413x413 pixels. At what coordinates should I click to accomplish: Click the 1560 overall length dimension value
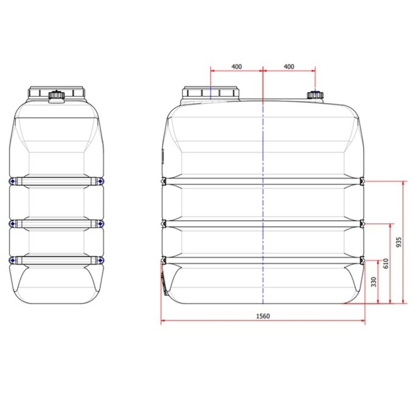click(263, 316)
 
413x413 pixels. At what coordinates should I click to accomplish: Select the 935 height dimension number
click(399, 242)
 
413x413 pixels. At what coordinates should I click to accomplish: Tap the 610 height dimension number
click(386, 263)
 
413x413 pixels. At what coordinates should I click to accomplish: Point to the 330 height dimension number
click(373, 281)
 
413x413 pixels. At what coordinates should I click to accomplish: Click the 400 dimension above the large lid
click(236, 67)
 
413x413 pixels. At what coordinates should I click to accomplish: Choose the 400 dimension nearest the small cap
click(289, 67)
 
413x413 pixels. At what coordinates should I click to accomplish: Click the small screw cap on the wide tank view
click(315, 95)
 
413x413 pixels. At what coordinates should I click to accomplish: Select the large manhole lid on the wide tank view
click(211, 93)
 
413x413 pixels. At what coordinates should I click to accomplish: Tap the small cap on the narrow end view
click(56, 96)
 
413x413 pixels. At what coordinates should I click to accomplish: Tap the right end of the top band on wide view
click(362, 182)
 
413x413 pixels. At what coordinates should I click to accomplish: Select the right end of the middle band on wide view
click(362, 224)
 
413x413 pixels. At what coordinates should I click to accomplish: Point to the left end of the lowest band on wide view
click(163, 260)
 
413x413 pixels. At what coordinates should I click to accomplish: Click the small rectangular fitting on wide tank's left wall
click(162, 156)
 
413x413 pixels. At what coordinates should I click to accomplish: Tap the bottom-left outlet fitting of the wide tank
click(163, 282)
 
